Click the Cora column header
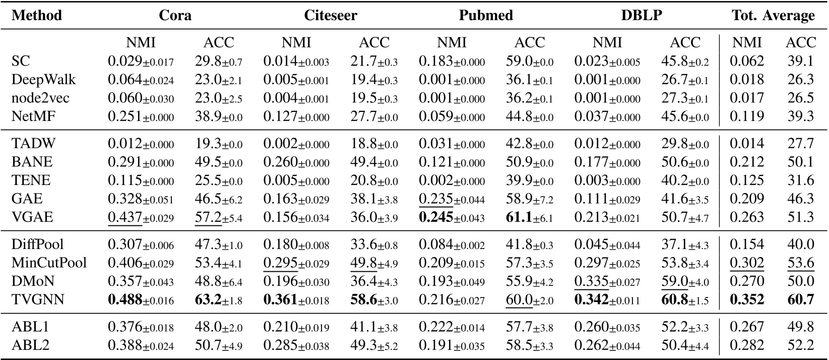point(175,15)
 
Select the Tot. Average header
point(773,15)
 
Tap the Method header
point(37,15)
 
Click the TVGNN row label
point(38,300)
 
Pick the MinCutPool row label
point(49,263)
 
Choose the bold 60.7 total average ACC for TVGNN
point(801,300)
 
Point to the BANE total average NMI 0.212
point(747,162)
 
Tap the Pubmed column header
point(486,15)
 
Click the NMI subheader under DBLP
point(607,42)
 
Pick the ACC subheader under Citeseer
point(374,42)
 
